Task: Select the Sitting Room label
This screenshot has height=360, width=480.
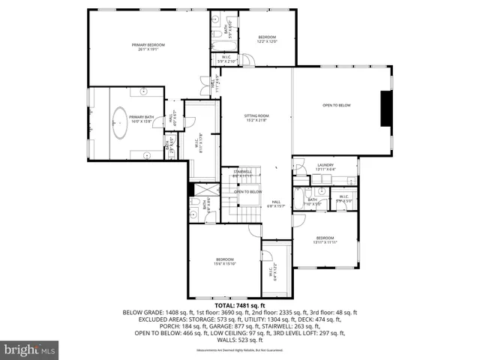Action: click(256, 117)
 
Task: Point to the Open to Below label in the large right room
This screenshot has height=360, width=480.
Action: click(337, 105)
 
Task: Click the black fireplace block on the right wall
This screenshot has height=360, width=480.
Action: click(385, 109)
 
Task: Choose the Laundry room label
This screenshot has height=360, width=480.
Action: click(325, 166)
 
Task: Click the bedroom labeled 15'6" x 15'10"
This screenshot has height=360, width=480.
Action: click(224, 262)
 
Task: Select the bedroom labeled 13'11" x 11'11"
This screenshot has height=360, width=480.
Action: click(325, 240)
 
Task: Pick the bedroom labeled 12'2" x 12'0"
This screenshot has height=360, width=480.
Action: click(268, 39)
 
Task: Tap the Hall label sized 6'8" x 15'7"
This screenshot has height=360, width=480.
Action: click(276, 203)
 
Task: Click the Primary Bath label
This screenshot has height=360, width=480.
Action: click(141, 118)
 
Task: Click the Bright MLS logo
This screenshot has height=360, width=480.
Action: click(30, 349)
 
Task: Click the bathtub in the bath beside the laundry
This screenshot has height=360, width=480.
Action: click(298, 199)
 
